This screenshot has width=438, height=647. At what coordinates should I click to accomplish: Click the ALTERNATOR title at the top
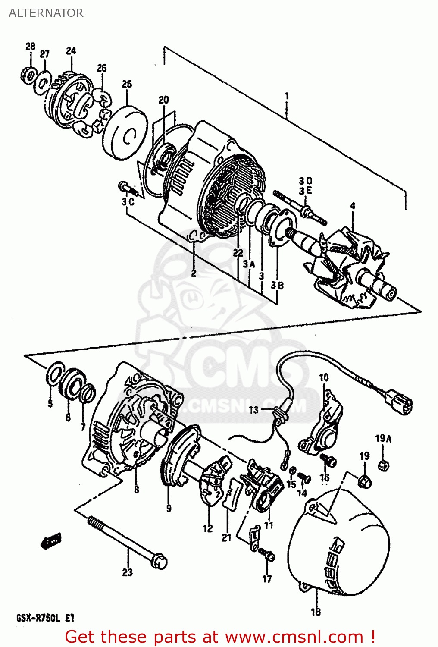(46, 13)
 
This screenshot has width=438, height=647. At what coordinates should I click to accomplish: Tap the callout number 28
(30, 47)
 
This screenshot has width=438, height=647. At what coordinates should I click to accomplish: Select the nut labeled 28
(28, 76)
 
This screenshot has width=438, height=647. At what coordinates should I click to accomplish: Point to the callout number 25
(127, 84)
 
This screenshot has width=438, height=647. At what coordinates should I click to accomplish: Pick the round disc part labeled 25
(125, 133)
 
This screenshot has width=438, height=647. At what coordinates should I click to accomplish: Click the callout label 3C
(128, 202)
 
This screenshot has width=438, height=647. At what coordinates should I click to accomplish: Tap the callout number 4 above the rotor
(353, 206)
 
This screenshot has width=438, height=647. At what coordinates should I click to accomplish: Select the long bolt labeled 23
(127, 541)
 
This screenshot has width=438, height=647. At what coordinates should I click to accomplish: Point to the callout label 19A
(383, 439)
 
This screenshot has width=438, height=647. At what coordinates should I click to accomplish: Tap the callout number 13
(253, 409)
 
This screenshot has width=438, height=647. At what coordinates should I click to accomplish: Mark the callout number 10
(323, 378)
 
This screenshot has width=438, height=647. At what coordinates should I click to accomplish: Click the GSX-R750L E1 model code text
(45, 618)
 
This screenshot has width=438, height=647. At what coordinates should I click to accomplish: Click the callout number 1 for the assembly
(287, 96)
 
